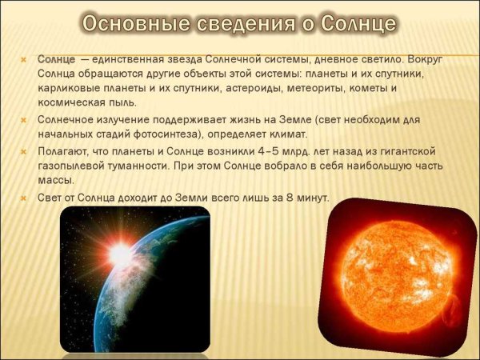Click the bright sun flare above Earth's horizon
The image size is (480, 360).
120,254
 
